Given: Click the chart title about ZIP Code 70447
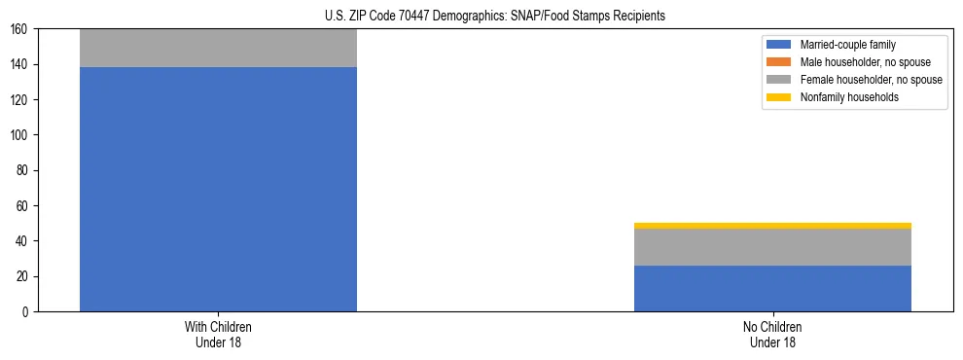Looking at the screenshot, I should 481,17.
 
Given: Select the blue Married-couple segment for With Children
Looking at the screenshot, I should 218,189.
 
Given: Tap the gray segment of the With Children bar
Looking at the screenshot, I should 218,48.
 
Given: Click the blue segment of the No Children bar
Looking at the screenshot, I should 772,288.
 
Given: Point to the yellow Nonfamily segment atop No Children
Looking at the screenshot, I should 772,226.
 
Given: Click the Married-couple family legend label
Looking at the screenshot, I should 848,45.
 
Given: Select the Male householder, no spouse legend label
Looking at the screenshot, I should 865,62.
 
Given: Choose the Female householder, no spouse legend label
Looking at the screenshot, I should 871,80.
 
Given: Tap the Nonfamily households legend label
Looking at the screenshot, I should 849,97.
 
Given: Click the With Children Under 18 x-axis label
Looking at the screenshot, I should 218,335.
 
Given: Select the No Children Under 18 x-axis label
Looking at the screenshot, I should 772,335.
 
